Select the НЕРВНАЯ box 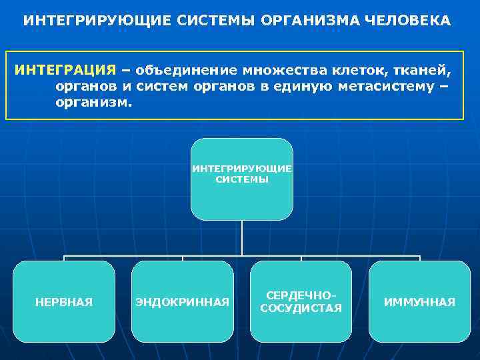tap(64, 301)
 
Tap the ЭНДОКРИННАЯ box tap(183, 301)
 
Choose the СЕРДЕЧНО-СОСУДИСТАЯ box tap(301, 301)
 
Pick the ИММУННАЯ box tap(419, 301)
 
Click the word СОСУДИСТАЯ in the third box tap(301, 308)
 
